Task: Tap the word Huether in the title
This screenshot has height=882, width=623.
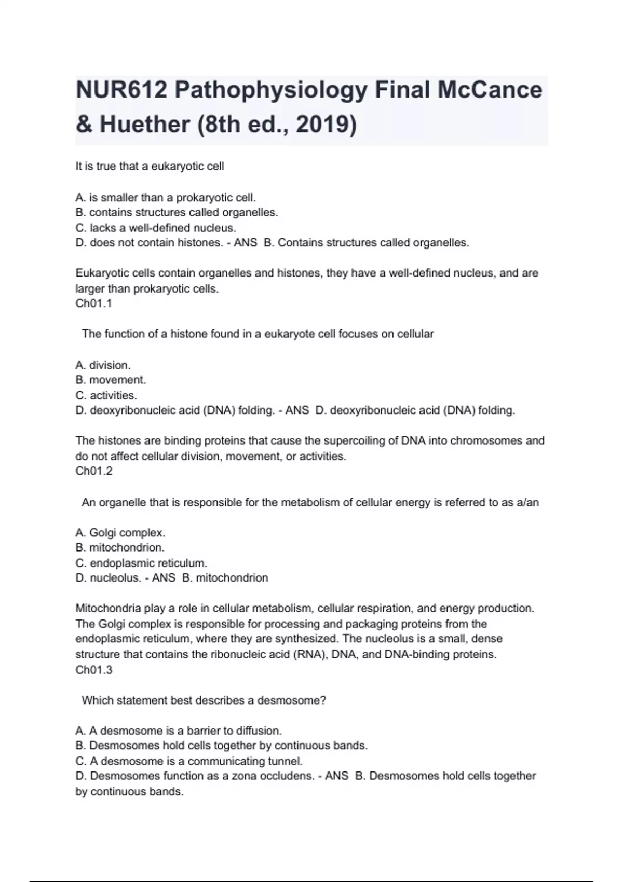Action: point(145,125)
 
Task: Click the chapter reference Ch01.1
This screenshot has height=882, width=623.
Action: point(93,304)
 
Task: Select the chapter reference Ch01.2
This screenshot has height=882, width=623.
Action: point(94,471)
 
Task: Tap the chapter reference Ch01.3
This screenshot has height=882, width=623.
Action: point(94,670)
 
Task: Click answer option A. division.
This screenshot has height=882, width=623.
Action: point(103,365)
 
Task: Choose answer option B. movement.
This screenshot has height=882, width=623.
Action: point(111,380)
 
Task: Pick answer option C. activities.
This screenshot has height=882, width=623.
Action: point(106,395)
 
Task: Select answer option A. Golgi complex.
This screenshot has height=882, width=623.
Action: point(120,532)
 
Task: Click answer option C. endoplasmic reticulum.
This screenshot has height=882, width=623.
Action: point(141,563)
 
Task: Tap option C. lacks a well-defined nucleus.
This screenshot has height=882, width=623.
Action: point(156,228)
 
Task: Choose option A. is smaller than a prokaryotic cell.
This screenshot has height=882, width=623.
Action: point(166,198)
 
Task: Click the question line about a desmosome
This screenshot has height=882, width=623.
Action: point(204,700)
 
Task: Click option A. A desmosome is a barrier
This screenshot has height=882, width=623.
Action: point(179,731)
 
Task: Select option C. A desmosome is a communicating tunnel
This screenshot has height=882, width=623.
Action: point(188,761)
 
